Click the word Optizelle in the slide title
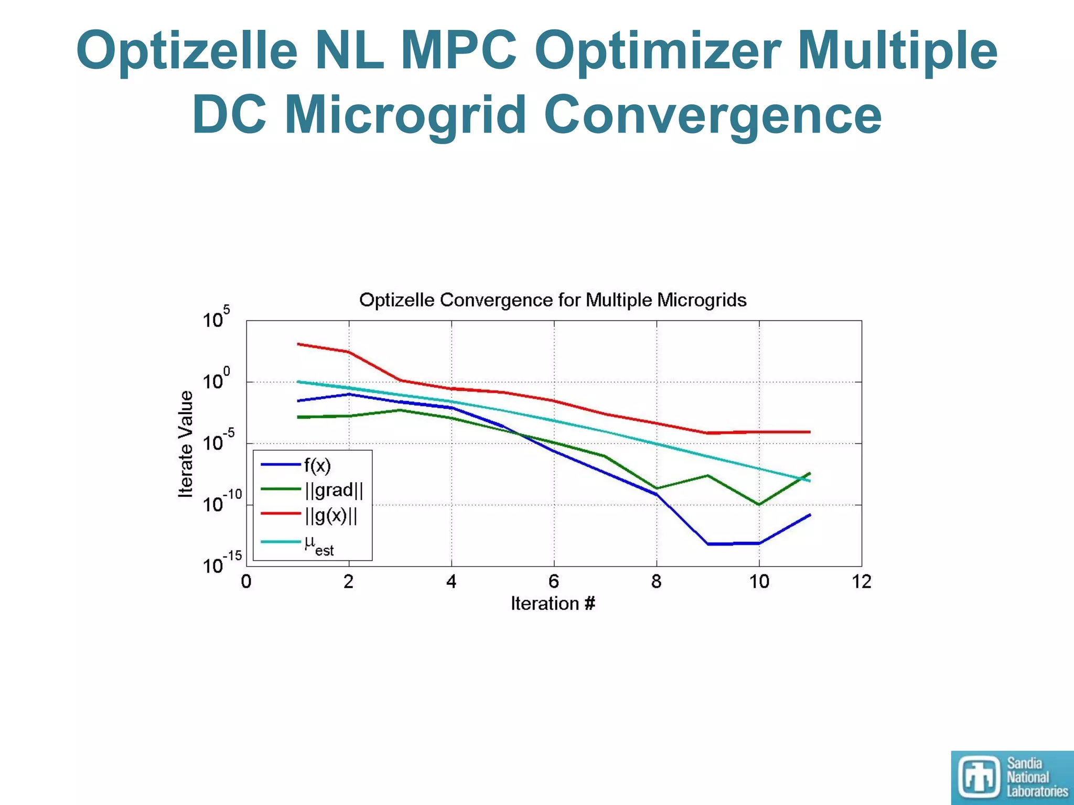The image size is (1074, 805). [187, 51]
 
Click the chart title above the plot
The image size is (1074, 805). [553, 300]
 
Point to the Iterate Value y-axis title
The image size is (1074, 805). [186, 443]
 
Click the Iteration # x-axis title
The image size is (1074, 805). [553, 604]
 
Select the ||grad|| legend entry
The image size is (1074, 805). [332, 490]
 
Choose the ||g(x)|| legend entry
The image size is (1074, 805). [330, 515]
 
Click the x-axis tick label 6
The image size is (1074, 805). [554, 582]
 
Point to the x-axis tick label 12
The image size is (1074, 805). [861, 582]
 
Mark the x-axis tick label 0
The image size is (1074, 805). [246, 582]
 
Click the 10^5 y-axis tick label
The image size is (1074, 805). [216, 318]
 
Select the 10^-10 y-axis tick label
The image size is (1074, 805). [221, 503]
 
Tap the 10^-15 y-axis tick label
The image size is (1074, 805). [221, 564]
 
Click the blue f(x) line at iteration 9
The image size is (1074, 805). [708, 544]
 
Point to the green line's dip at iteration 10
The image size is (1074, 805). [759, 504]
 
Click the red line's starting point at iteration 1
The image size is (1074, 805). [298, 344]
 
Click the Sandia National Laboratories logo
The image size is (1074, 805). [1012, 777]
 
